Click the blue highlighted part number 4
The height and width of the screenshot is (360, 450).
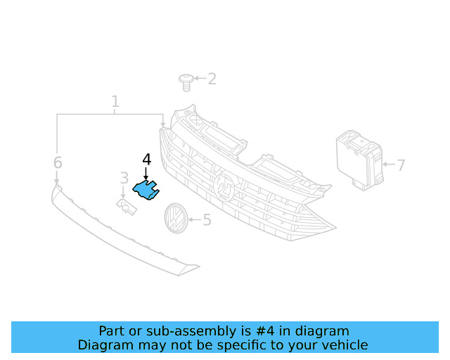146,189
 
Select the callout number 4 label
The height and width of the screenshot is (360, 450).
146,160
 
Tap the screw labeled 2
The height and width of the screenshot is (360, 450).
186,82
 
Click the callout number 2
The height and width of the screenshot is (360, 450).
211,79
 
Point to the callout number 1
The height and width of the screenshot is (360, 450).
115,102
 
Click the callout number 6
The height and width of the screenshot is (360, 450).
58,163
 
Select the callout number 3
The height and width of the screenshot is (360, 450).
124,179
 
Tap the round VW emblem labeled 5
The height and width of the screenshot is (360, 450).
174,219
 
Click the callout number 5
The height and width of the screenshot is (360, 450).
207,220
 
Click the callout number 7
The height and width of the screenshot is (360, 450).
401,166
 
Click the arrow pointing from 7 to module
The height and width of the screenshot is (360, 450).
389,166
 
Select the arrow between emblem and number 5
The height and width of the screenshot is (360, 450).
194,220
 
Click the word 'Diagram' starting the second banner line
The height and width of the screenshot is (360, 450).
102,345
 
